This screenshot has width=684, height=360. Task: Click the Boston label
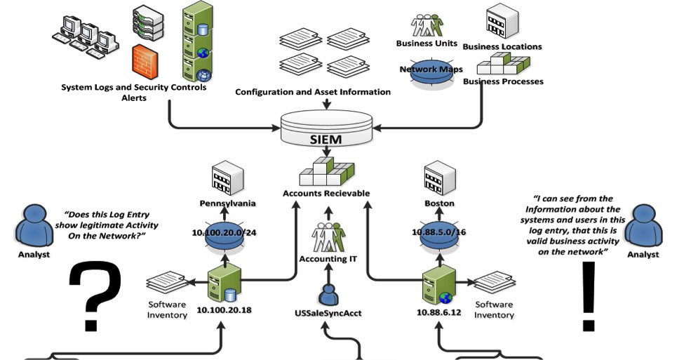[x=441, y=204]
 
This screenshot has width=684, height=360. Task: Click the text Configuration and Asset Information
[x=312, y=92]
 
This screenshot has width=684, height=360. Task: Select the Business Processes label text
[x=503, y=81]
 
